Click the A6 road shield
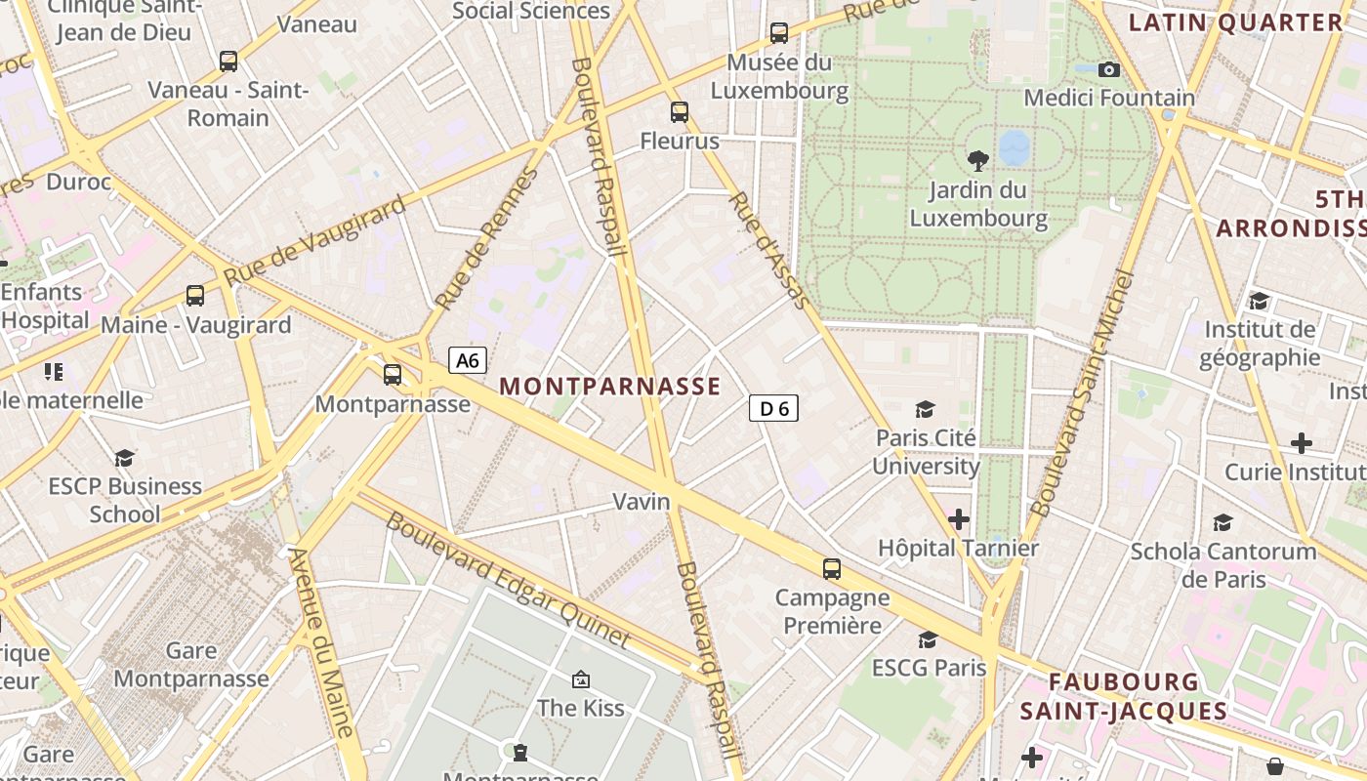pos(468,360)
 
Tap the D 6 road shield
pos(773,408)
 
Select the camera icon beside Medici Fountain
pos(1108,69)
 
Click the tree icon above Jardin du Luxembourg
pos(977,161)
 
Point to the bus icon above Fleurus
pos(680,112)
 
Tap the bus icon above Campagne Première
pos(832,568)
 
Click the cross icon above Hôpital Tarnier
pos(959,519)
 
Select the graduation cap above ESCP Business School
pos(124,458)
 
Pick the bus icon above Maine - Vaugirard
pos(195,296)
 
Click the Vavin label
pos(642,502)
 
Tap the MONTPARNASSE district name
pos(610,387)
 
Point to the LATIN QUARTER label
pos(1236,23)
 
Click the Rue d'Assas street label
pos(769,251)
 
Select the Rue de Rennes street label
pos(488,238)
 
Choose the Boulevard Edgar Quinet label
pos(508,580)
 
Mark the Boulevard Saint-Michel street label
pos(1085,392)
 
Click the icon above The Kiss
pos(581,678)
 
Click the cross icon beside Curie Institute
pos(1301,443)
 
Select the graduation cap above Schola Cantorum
pos(1222,522)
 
